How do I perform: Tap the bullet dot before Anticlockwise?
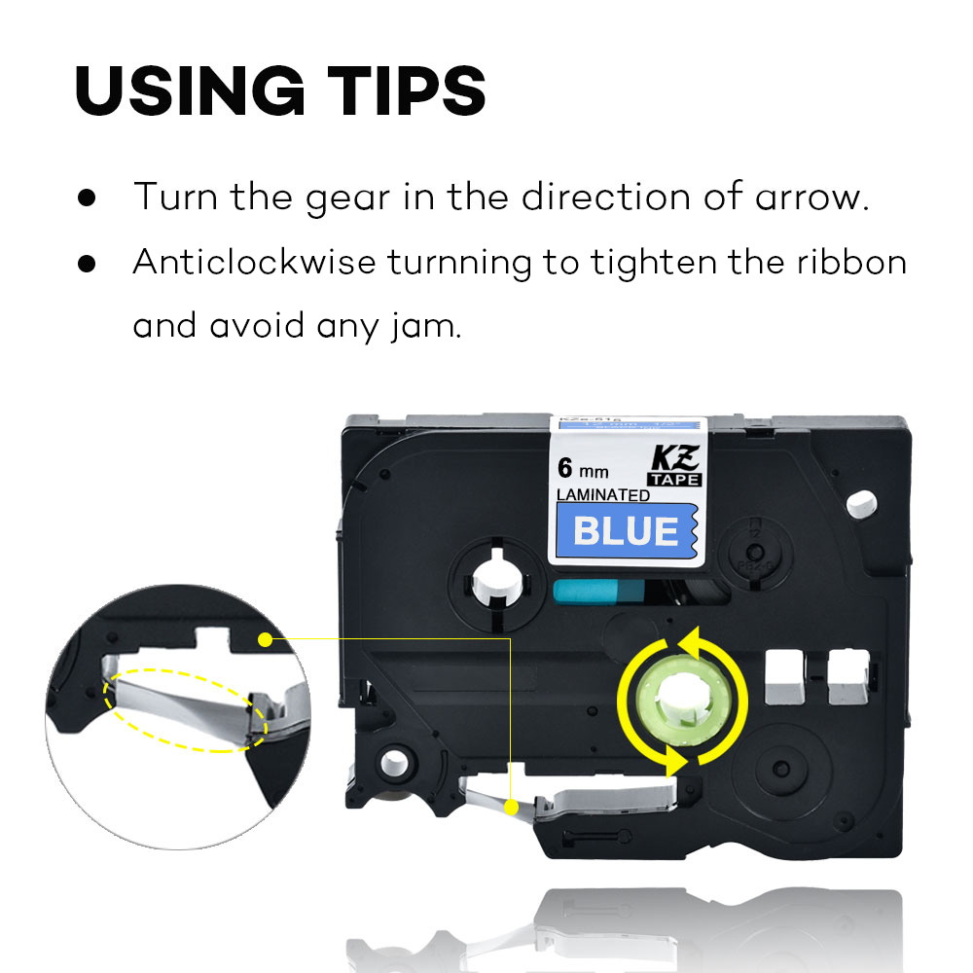pyautogui.click(x=88, y=263)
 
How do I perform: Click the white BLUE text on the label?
pyautogui.click(x=626, y=531)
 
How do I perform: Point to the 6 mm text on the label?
pyautogui.click(x=582, y=470)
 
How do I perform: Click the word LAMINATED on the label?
pyautogui.click(x=602, y=495)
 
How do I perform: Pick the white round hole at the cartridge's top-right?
pyautogui.click(x=858, y=504)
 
